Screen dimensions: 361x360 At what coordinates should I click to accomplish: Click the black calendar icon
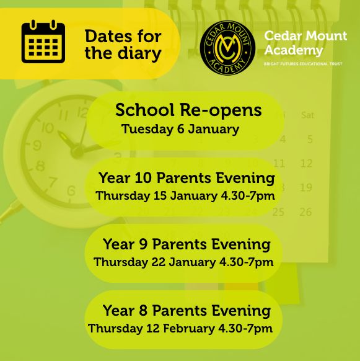(x=43, y=42)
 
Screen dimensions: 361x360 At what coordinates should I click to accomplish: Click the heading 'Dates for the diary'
(x=123, y=45)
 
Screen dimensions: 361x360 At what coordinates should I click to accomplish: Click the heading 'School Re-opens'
(x=188, y=110)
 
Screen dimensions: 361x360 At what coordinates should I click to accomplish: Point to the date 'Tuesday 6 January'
(x=180, y=130)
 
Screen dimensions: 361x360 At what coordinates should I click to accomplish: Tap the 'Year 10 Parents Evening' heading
(x=187, y=178)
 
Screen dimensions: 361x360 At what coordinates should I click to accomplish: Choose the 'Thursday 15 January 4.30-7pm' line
(x=185, y=196)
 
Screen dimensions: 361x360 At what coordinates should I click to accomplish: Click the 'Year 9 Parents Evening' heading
(x=187, y=244)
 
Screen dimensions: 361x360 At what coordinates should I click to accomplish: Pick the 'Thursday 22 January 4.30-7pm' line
(x=183, y=262)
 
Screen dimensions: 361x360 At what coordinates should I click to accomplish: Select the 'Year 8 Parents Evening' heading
(x=187, y=310)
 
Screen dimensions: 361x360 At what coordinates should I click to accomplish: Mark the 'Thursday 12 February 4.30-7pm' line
(x=180, y=328)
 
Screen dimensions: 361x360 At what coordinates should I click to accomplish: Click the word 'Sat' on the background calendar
(x=307, y=115)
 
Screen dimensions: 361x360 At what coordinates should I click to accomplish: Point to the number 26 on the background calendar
(x=305, y=212)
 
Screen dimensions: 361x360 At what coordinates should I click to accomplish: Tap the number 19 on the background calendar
(x=305, y=187)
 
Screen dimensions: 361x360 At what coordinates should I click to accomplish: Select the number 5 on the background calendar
(x=310, y=140)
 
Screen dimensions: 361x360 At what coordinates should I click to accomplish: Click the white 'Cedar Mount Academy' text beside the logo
(x=305, y=43)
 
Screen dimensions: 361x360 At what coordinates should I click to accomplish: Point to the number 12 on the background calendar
(x=306, y=164)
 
